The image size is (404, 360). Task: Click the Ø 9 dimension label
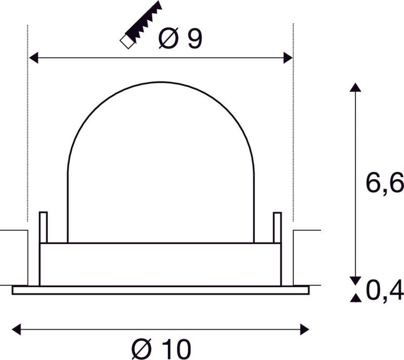click(x=180, y=39)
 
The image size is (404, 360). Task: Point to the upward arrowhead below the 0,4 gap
click(x=356, y=298)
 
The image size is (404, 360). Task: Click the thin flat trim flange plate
click(x=160, y=290)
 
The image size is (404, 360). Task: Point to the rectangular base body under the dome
click(x=160, y=264)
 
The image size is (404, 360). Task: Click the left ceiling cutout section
click(x=14, y=258)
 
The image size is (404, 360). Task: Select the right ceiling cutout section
click(x=307, y=258)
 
